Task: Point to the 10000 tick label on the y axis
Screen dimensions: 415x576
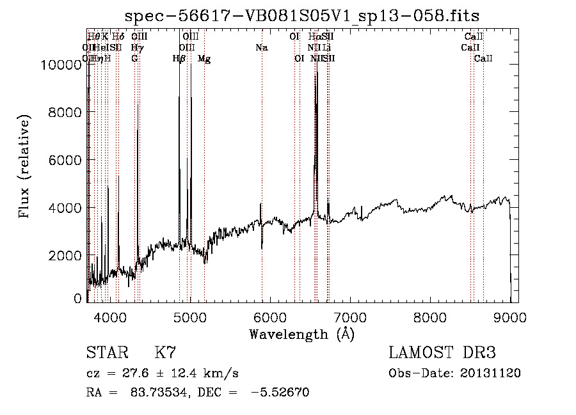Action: pos(62,65)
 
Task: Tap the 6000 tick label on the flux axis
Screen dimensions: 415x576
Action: pos(66,161)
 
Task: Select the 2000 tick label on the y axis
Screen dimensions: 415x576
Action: pos(66,256)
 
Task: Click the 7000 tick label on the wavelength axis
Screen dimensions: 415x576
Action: pos(349,317)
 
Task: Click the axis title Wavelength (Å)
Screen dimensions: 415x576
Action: pos(301,334)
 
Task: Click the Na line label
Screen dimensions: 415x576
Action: pos(261,47)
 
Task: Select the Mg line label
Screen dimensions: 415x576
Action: pos(204,59)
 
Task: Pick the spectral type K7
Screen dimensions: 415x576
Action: pos(165,352)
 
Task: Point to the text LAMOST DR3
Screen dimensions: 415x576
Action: pos(442,352)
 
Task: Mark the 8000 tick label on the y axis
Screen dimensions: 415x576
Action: pos(66,113)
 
